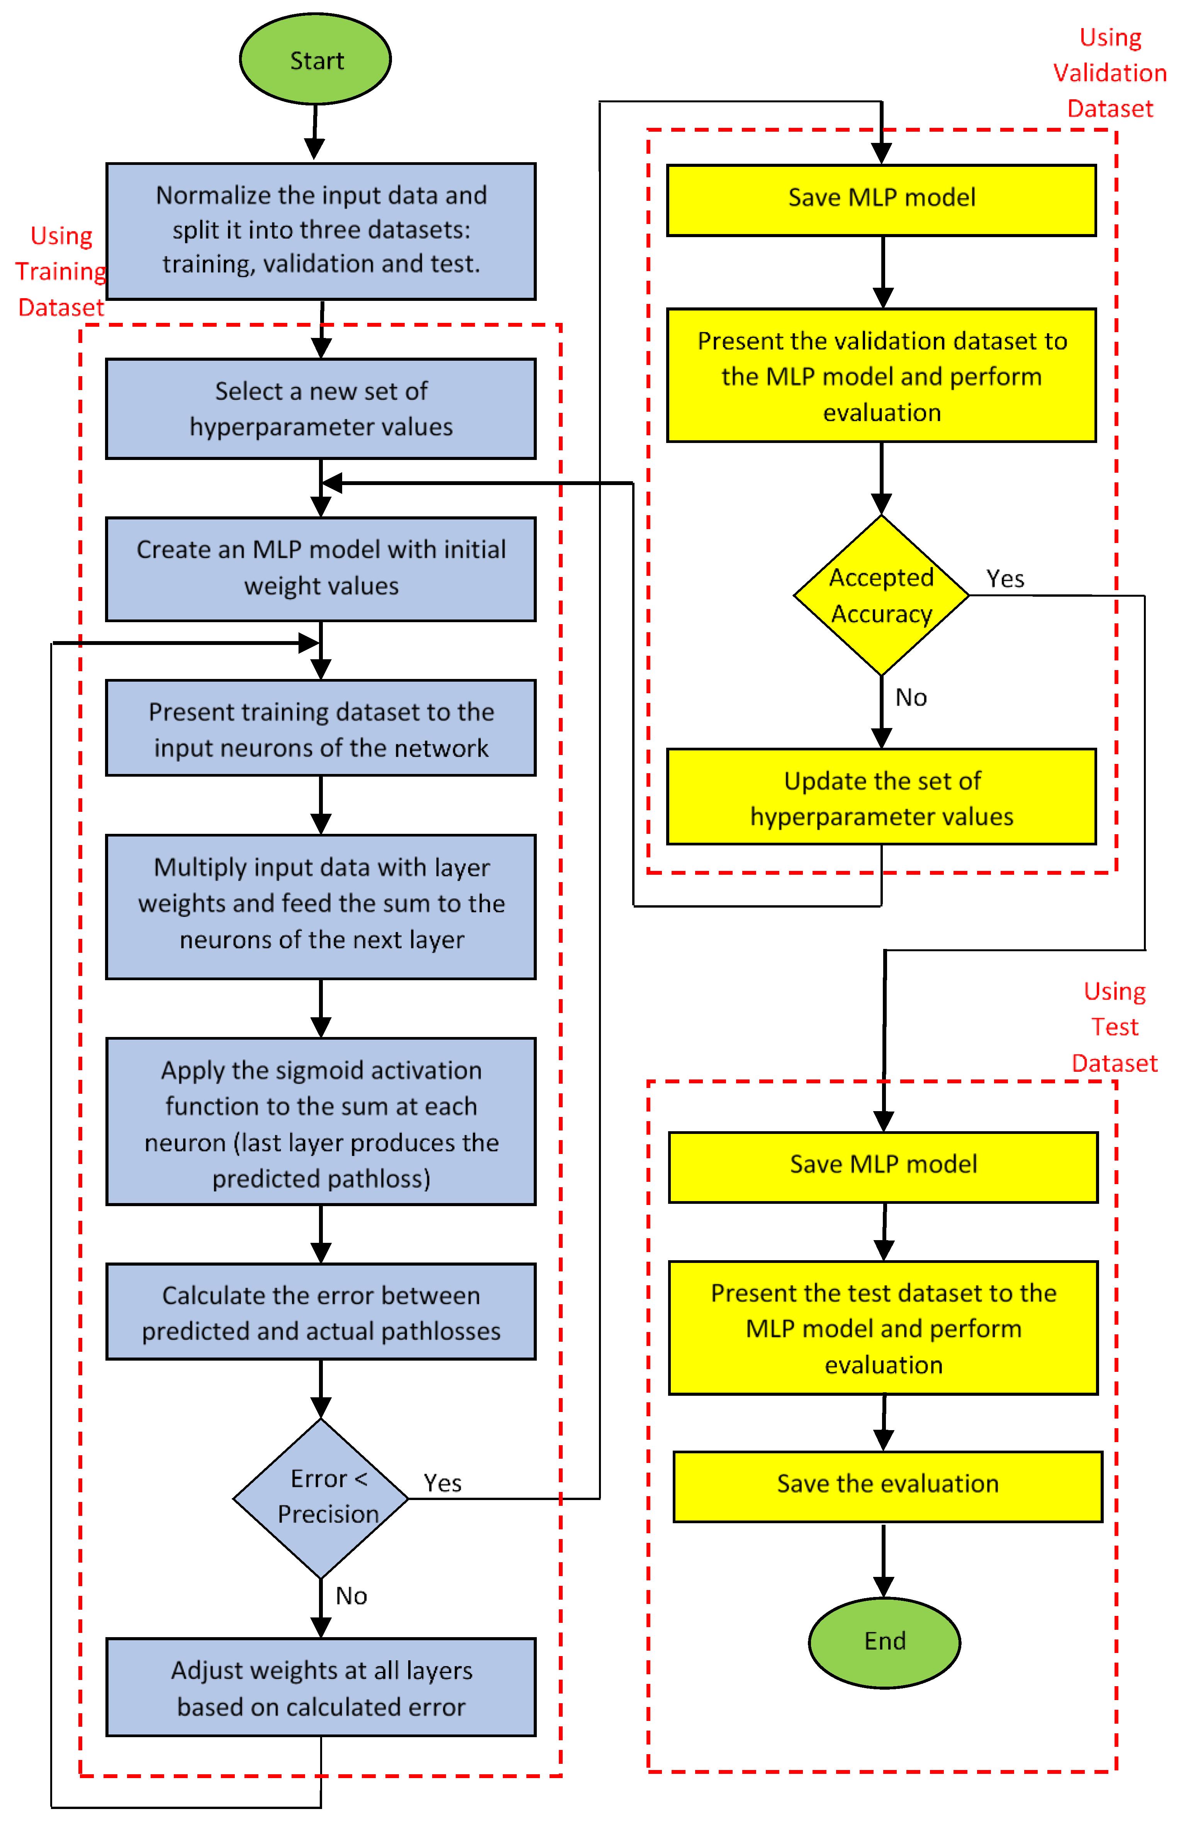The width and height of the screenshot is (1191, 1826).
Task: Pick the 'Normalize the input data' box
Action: (321, 230)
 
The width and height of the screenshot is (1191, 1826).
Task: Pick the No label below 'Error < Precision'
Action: (351, 1596)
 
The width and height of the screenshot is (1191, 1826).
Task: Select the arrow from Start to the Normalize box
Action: (315, 132)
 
